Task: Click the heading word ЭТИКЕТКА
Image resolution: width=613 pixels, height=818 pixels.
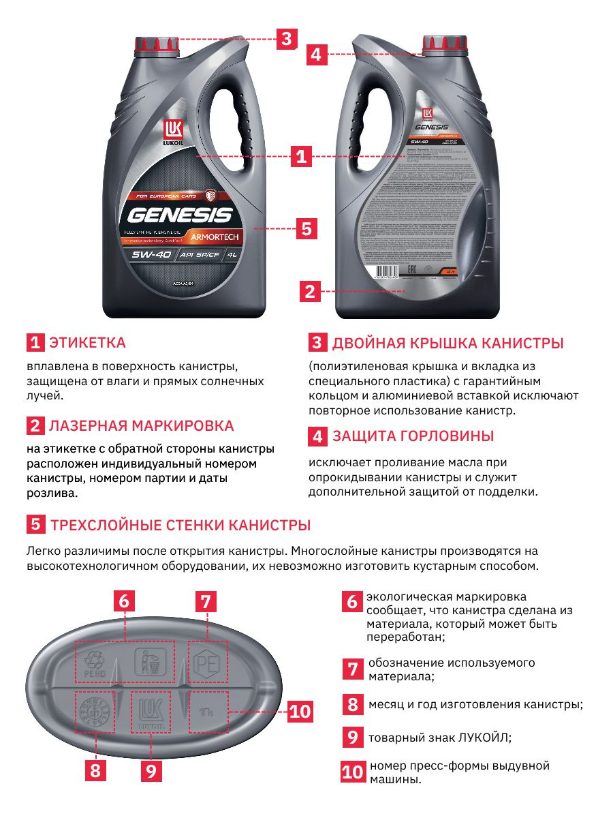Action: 87,342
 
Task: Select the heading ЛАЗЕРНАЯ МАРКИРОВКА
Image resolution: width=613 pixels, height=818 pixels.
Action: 141,426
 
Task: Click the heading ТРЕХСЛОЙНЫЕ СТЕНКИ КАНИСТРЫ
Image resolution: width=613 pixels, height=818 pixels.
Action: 180,526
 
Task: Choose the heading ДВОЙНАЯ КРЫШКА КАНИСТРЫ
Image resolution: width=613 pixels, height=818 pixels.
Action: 447,342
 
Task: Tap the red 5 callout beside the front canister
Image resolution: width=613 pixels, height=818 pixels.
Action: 306,228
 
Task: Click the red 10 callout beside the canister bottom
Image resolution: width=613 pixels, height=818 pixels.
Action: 299,712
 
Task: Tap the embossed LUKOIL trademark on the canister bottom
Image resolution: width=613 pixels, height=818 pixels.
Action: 149,714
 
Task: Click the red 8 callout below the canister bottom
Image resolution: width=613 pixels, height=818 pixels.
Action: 95,771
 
